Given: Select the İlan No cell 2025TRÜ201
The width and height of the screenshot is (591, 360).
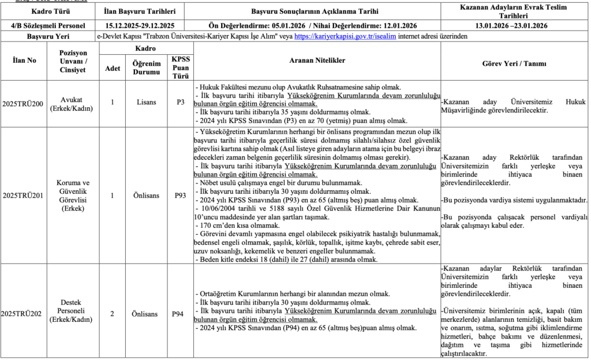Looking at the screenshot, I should (x=23, y=196).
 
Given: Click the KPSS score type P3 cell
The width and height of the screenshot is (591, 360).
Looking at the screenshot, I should (x=181, y=103).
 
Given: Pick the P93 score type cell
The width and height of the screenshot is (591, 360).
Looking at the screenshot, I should (x=181, y=196).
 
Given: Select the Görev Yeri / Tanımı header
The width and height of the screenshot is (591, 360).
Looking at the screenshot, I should (x=514, y=63).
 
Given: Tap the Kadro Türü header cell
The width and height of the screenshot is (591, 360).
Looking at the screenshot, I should (x=49, y=11).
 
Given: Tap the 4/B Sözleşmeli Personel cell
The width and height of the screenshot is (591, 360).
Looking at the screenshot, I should (x=49, y=26).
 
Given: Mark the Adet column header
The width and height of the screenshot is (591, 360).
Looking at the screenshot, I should (x=112, y=67).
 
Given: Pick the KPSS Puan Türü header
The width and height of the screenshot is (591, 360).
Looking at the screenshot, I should (x=181, y=67).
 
